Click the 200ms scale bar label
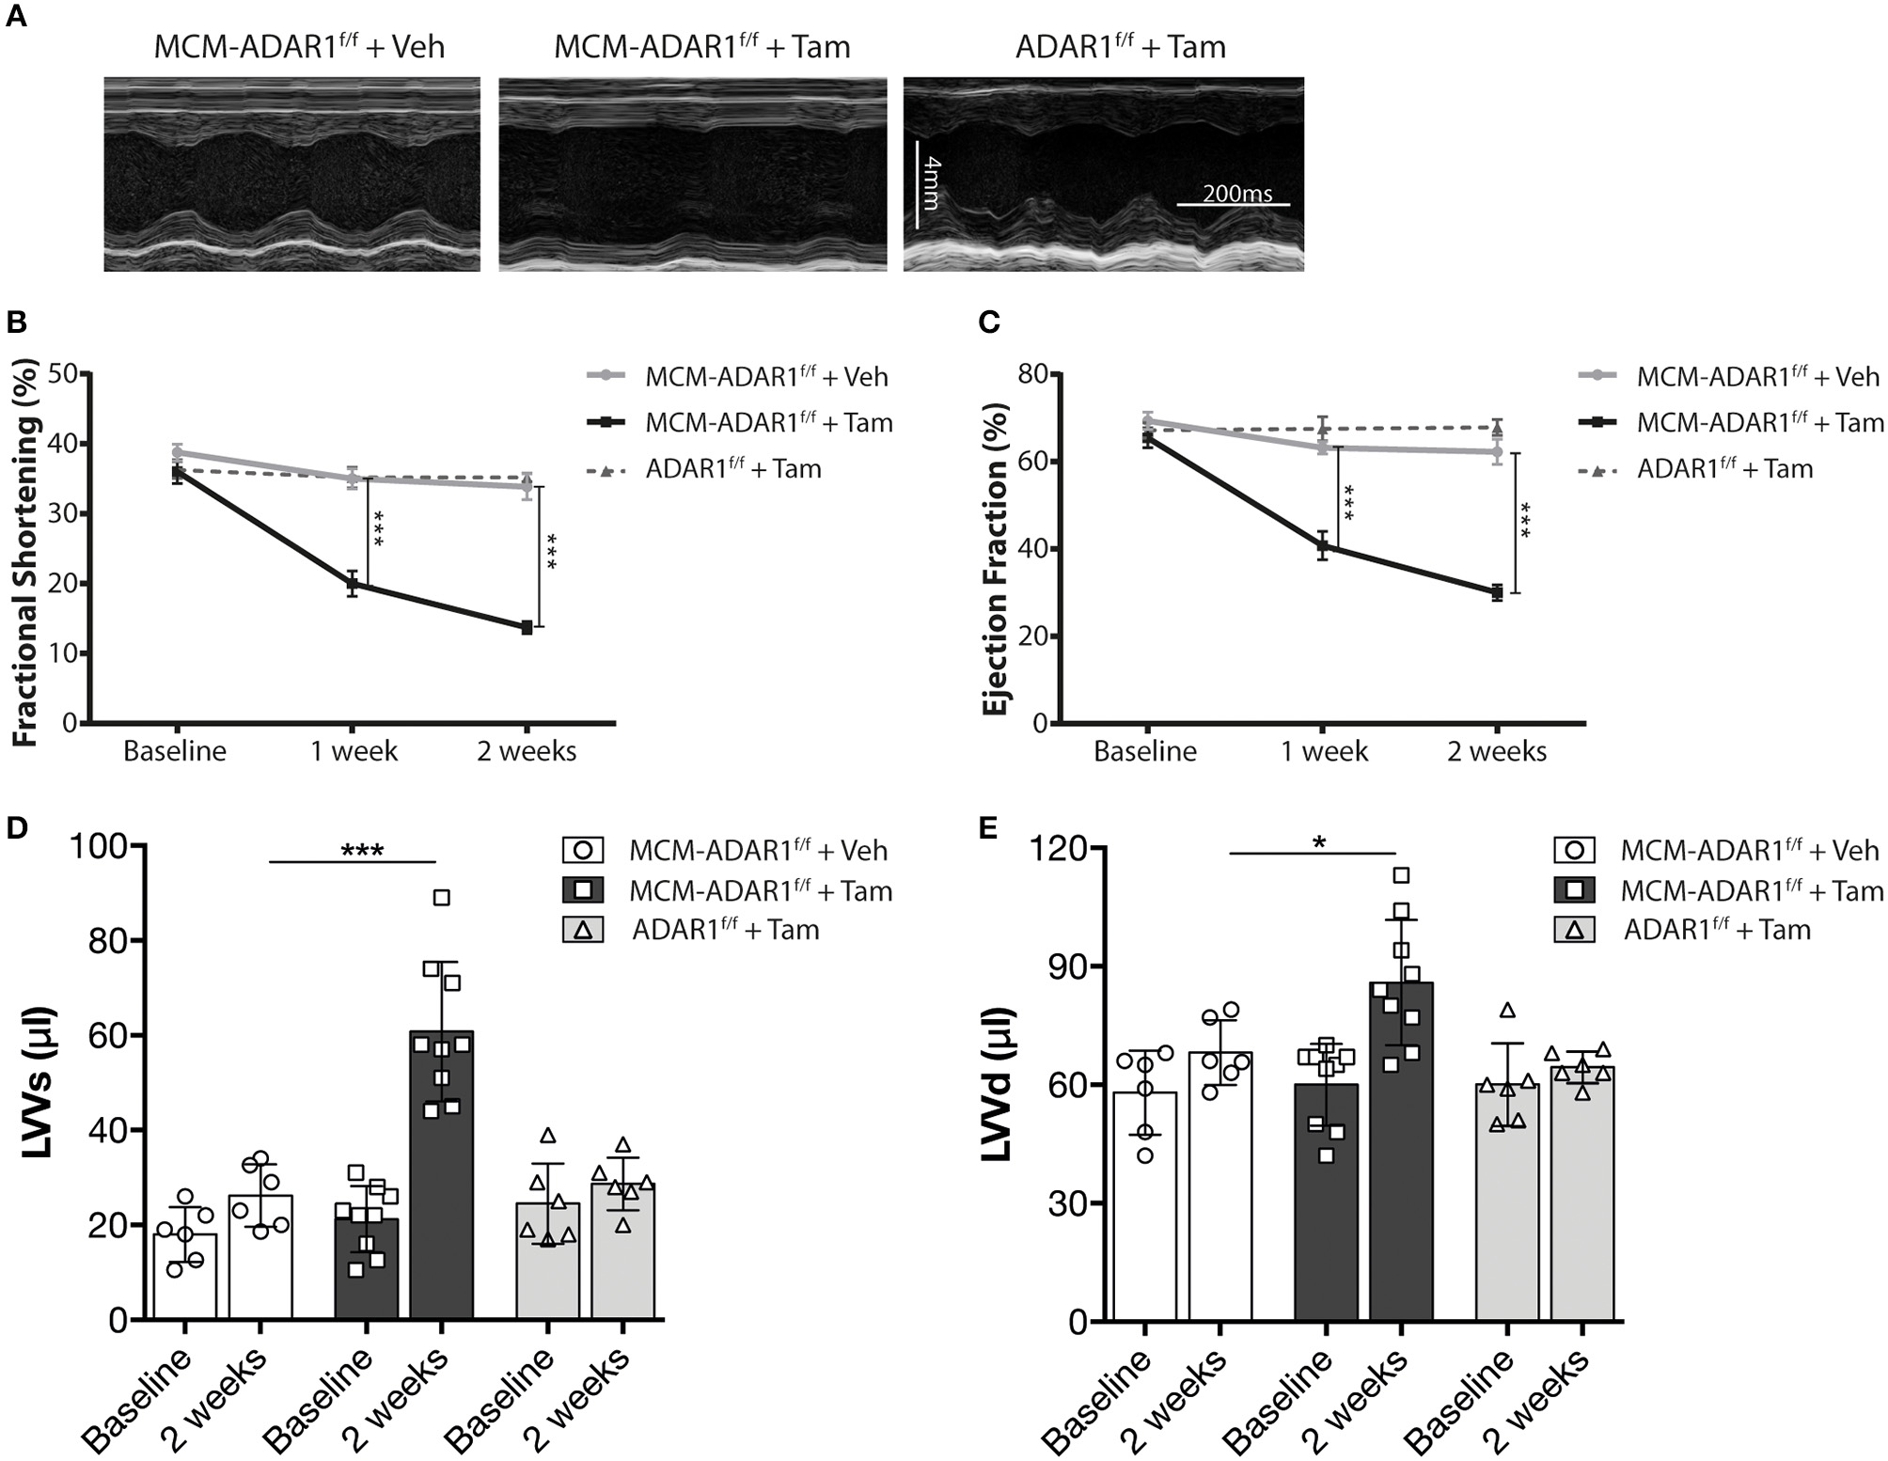1236,194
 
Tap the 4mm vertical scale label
932,183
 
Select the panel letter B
16,322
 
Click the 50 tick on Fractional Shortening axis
62,374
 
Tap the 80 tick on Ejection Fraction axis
1032,374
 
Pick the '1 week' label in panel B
354,752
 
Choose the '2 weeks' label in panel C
1497,752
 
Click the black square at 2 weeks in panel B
527,628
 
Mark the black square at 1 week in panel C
1323,545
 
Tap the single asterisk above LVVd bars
1320,842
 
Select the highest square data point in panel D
441,898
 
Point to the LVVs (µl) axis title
39,1081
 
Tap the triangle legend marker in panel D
583,931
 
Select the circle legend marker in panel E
1575,851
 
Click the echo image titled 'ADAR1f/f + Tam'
1103,175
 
